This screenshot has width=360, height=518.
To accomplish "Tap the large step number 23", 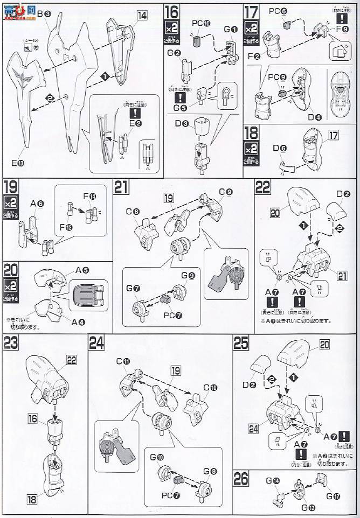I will coord(11,342).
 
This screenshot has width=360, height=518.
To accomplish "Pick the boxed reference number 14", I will coord(142,16).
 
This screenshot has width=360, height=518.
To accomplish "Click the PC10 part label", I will coord(198,24).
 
